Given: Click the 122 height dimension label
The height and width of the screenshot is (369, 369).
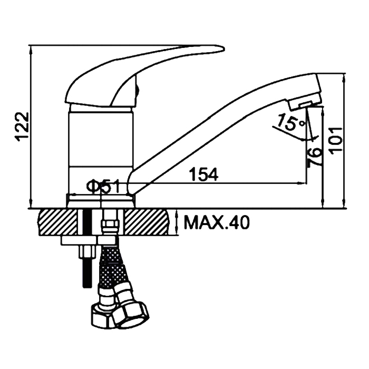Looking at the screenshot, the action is [23, 127].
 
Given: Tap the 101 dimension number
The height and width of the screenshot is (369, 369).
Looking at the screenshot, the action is [335, 141].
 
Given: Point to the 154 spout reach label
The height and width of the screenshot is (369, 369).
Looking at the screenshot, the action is [204, 174].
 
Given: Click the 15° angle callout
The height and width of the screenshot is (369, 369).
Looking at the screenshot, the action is [291, 122].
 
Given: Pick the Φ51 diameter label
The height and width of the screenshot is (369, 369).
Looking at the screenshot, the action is [103, 186].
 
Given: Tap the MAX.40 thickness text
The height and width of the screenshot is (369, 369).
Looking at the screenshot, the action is [216, 222].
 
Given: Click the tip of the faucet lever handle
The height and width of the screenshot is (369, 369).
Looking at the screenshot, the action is [225, 48].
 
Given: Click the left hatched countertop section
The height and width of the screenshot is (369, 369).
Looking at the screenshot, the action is [57, 222].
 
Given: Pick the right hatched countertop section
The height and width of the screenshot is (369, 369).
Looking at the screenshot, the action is [147, 222].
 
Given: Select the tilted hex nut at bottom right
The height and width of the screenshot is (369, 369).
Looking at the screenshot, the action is [131, 314].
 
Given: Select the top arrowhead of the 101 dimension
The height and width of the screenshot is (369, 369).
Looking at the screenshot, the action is [345, 77].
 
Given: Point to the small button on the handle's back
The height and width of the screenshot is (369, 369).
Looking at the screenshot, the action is [138, 90].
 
